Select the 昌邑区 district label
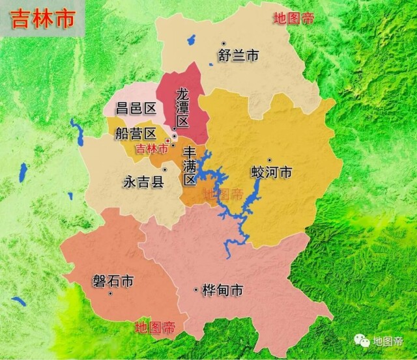tap(136, 108)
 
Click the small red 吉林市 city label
tap(151, 149)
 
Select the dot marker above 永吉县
tap(165, 170)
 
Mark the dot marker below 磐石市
tap(111, 294)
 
